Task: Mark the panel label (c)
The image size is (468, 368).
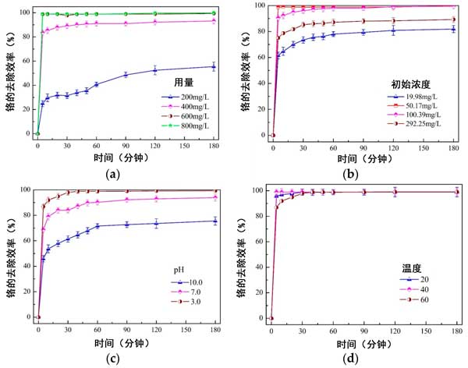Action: (x=114, y=359)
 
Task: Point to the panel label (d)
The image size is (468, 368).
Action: (x=349, y=359)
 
